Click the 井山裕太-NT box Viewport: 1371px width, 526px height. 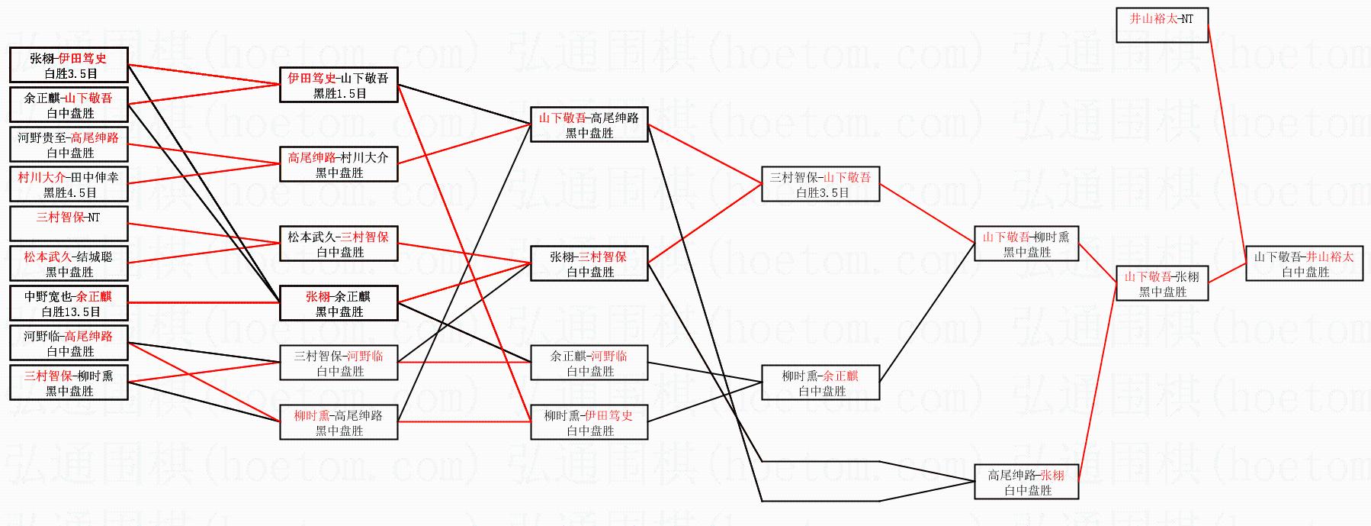tap(1162, 25)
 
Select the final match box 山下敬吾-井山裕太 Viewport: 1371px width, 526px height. tap(1304, 263)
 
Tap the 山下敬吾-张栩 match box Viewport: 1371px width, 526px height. tap(1162, 283)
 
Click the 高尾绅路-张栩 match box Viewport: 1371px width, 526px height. tap(1026, 482)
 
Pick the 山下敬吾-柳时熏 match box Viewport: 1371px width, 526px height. tap(1026, 244)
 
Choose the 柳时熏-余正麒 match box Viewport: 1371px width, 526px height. tap(820, 382)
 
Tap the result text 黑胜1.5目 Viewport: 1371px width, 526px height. tap(339, 93)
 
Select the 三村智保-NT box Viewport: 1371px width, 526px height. tap(69, 224)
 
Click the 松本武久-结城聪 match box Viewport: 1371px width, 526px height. tap(69, 263)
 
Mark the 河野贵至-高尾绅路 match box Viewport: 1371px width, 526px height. tap(69, 144)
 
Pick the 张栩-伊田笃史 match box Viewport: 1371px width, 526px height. tap(69, 65)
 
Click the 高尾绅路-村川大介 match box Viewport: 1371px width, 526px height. tap(339, 164)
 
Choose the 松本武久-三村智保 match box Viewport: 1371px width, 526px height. tap(339, 244)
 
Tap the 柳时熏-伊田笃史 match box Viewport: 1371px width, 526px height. tap(589, 422)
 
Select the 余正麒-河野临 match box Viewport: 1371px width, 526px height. tap(589, 363)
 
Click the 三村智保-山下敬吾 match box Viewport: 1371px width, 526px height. tap(820, 184)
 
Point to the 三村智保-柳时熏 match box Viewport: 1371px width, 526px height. tap(69, 382)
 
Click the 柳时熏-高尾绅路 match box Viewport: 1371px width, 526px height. tap(339, 422)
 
